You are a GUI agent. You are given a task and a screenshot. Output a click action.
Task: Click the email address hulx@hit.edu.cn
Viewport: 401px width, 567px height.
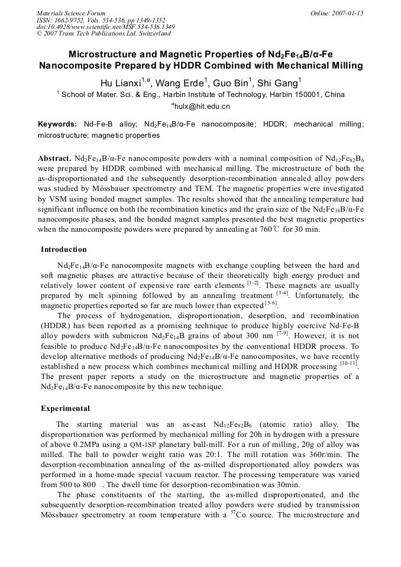[202, 106]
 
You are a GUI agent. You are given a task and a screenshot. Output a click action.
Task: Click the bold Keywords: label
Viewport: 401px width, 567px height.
[57, 124]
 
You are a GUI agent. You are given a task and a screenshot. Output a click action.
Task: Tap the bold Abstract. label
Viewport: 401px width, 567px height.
[55, 159]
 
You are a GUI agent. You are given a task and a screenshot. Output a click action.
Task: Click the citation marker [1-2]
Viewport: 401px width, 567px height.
[253, 283]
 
